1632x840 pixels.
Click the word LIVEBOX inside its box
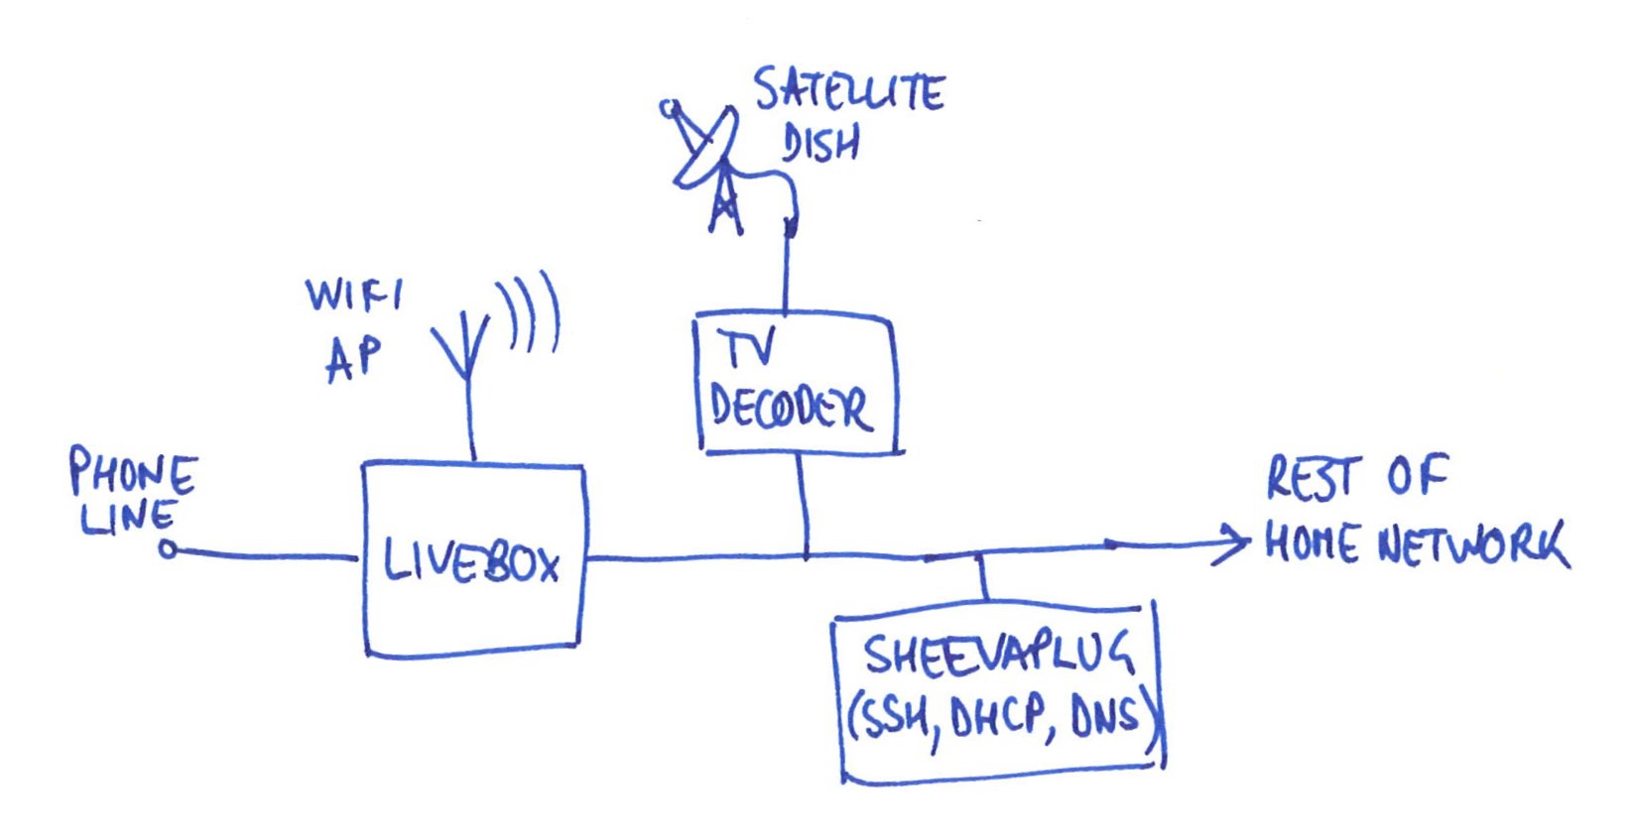[x=472, y=562]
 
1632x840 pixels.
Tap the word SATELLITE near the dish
[x=848, y=92]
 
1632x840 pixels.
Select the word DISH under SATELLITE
[x=819, y=144]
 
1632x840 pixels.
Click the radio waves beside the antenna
[x=530, y=312]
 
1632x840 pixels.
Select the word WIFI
[x=353, y=295]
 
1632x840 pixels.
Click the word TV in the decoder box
[x=746, y=350]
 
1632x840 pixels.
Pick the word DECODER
[x=791, y=406]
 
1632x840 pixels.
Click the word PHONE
[x=133, y=473]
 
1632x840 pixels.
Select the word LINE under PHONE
[x=128, y=518]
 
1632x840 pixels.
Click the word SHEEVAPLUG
[x=997, y=655]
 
